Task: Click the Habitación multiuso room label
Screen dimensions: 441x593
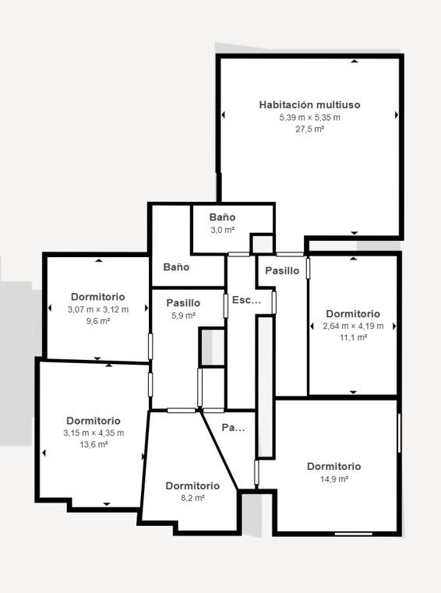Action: click(309, 104)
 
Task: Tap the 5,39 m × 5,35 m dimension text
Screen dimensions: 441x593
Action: click(310, 118)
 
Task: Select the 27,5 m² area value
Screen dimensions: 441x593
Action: click(310, 129)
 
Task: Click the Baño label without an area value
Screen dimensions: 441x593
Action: click(176, 267)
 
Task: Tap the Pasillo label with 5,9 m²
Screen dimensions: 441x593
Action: click(183, 303)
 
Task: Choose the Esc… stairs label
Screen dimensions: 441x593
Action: click(246, 300)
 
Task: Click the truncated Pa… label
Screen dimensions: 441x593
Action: click(233, 428)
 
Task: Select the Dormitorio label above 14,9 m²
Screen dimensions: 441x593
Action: click(333, 466)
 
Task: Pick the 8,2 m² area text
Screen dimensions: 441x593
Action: click(193, 498)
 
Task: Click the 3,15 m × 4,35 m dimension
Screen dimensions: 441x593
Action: click(93, 433)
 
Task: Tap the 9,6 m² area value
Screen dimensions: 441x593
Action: click(98, 321)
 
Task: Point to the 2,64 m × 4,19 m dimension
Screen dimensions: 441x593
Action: click(353, 326)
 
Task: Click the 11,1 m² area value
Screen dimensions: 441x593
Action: click(353, 337)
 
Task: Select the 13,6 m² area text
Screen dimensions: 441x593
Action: click(93, 444)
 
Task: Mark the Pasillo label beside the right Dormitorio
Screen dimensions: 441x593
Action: click(282, 270)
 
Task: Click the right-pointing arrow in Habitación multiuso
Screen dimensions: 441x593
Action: click(397, 115)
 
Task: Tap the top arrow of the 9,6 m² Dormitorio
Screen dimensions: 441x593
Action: click(99, 260)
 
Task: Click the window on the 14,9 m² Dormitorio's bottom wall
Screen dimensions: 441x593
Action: click(354, 534)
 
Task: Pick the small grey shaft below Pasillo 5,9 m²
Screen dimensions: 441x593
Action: click(212, 348)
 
